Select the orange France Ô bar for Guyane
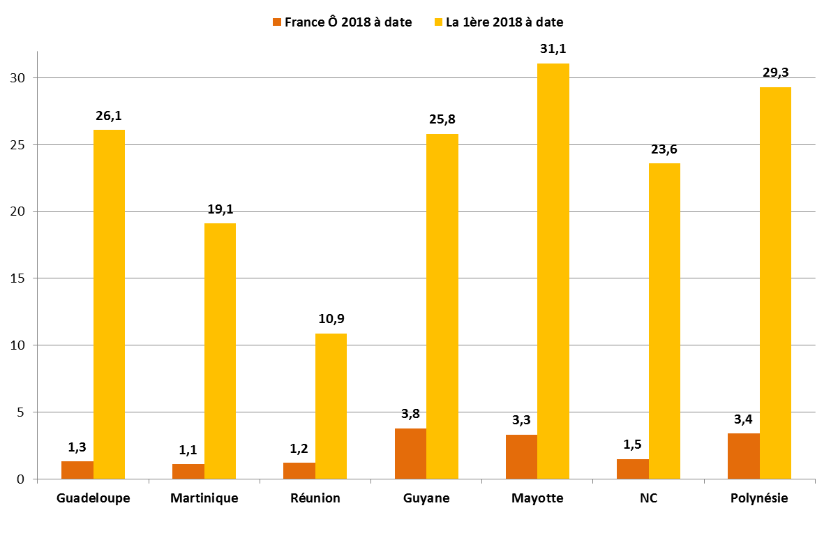[410, 454]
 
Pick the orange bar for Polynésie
[744, 456]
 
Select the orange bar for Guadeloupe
[77, 470]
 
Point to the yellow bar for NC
[664, 321]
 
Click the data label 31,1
[553, 49]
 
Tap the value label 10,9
[331, 319]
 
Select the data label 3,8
[410, 414]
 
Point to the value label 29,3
[775, 73]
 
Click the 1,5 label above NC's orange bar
[632, 445]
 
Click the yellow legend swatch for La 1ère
[439, 22]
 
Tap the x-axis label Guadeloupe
[93, 498]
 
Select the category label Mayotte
[537, 498]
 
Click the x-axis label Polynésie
[759, 498]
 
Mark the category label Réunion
[315, 498]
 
